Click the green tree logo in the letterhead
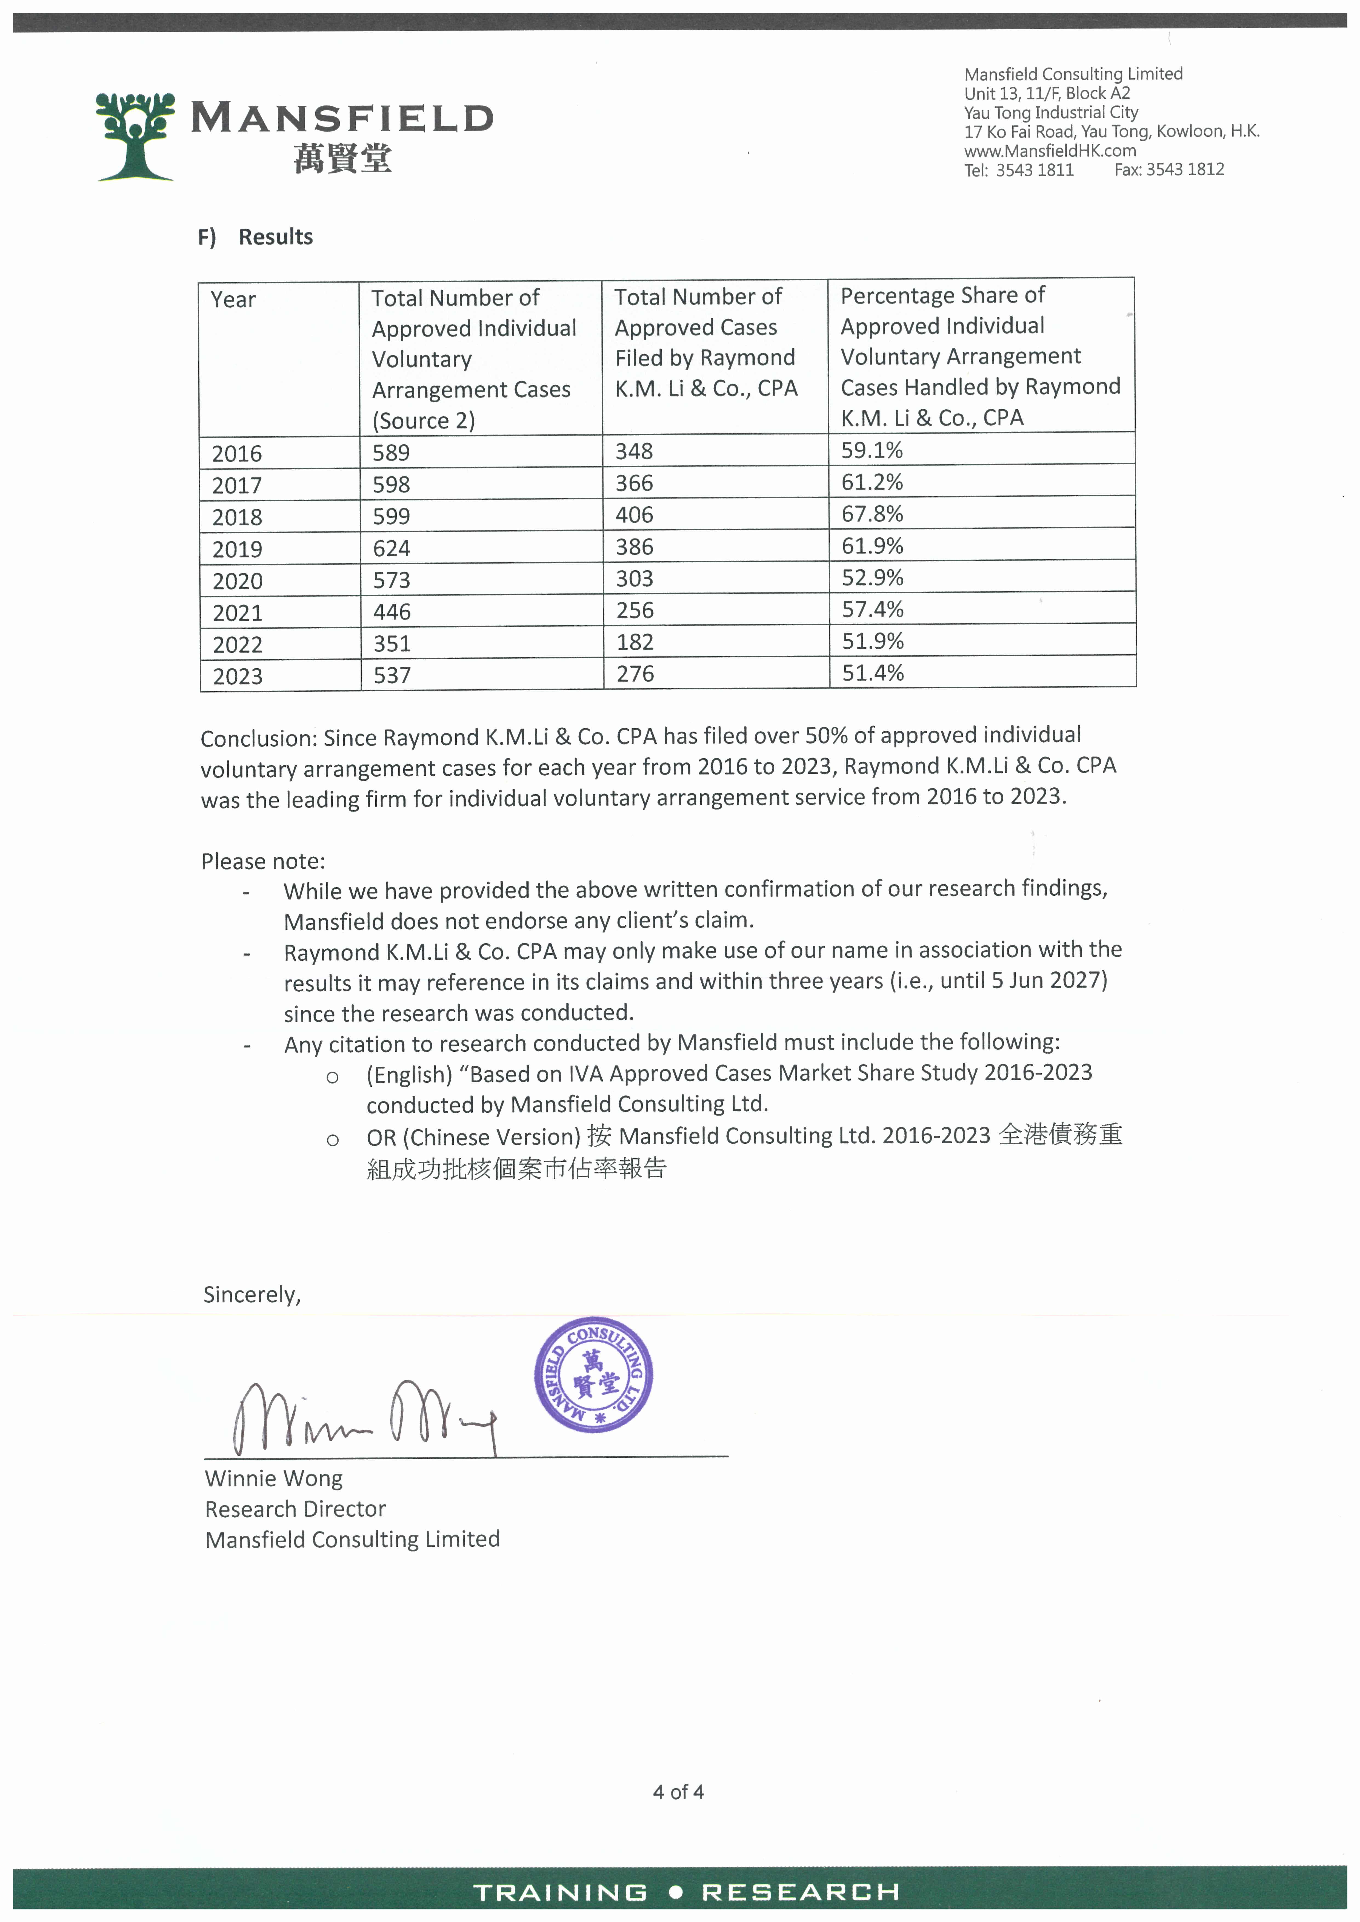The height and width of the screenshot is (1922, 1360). pyautogui.click(x=136, y=136)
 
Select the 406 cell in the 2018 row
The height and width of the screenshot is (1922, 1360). pyautogui.click(x=634, y=515)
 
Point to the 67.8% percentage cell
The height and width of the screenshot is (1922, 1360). pyautogui.click(x=872, y=514)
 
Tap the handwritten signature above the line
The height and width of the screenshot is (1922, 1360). pyautogui.click(x=364, y=1417)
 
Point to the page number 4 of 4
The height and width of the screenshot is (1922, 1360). pyautogui.click(x=678, y=1791)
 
